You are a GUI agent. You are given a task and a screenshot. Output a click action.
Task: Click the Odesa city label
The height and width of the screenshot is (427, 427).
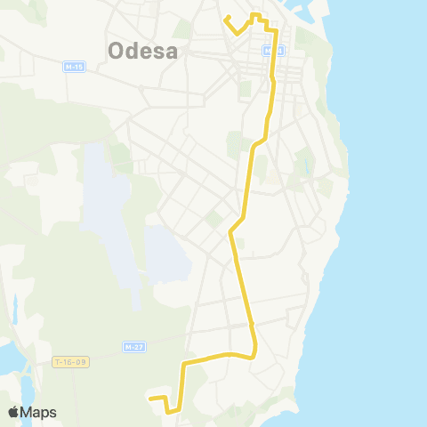pos(143,51)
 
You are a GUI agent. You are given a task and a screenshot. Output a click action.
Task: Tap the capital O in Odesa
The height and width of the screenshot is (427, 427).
pos(117,51)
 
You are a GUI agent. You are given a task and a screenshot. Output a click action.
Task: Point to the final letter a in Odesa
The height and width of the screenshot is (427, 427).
pos(171,51)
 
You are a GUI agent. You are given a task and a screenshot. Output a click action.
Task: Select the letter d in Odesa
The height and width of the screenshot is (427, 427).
pos(132,51)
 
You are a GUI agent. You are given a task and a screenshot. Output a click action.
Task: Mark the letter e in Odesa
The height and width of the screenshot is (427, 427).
pos(145,51)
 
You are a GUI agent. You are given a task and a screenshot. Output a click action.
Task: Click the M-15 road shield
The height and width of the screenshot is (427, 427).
pos(74,67)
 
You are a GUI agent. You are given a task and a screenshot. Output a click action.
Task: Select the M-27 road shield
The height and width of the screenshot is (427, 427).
pos(133,346)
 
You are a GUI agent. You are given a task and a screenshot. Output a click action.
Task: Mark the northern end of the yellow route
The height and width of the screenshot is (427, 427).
pos(226,17)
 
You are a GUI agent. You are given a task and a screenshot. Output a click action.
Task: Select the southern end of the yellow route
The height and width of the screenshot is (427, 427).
pos(149,398)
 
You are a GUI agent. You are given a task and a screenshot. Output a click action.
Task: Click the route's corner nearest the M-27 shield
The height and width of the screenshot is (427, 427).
pos(183,364)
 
